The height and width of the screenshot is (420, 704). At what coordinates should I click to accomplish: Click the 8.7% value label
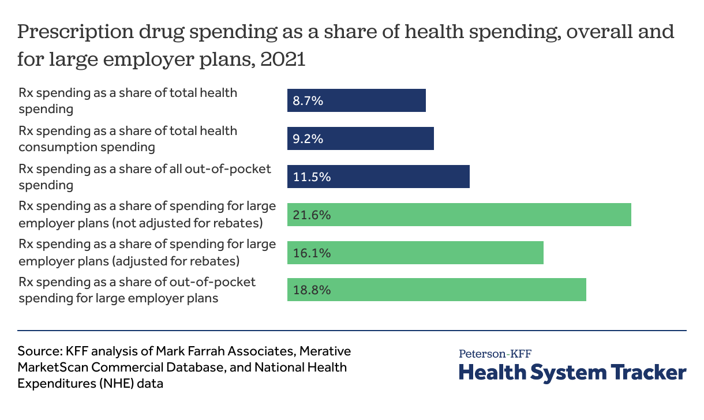coord(308,101)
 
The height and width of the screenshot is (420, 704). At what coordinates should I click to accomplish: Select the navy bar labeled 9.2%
coord(361,138)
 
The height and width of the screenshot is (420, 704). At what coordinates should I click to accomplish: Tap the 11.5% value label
coord(312,177)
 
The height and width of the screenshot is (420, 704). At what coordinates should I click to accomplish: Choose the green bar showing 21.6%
coord(459,215)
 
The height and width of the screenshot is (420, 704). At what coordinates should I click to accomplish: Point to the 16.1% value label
coord(312,253)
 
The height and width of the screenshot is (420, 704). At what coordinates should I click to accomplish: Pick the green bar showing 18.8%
coord(437,290)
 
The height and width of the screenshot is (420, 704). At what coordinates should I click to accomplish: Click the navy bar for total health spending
coord(357,100)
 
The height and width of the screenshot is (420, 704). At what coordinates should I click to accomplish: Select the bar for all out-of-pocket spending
coord(379,177)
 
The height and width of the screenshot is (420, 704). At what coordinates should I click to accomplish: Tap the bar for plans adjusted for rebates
coord(415,253)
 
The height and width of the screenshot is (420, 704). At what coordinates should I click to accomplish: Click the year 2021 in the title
coord(283,59)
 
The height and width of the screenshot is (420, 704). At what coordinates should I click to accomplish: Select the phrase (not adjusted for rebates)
coord(188,223)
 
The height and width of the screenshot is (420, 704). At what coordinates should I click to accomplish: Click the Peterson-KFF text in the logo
coord(495,354)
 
